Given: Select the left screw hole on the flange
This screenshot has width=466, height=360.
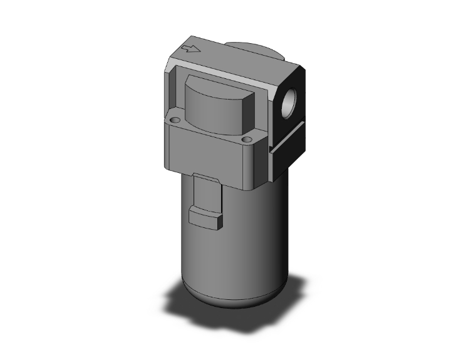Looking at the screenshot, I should tap(174, 120).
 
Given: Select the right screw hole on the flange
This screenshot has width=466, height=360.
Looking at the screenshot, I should tap(247, 138).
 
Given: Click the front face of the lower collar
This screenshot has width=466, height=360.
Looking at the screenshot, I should tap(207, 157).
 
